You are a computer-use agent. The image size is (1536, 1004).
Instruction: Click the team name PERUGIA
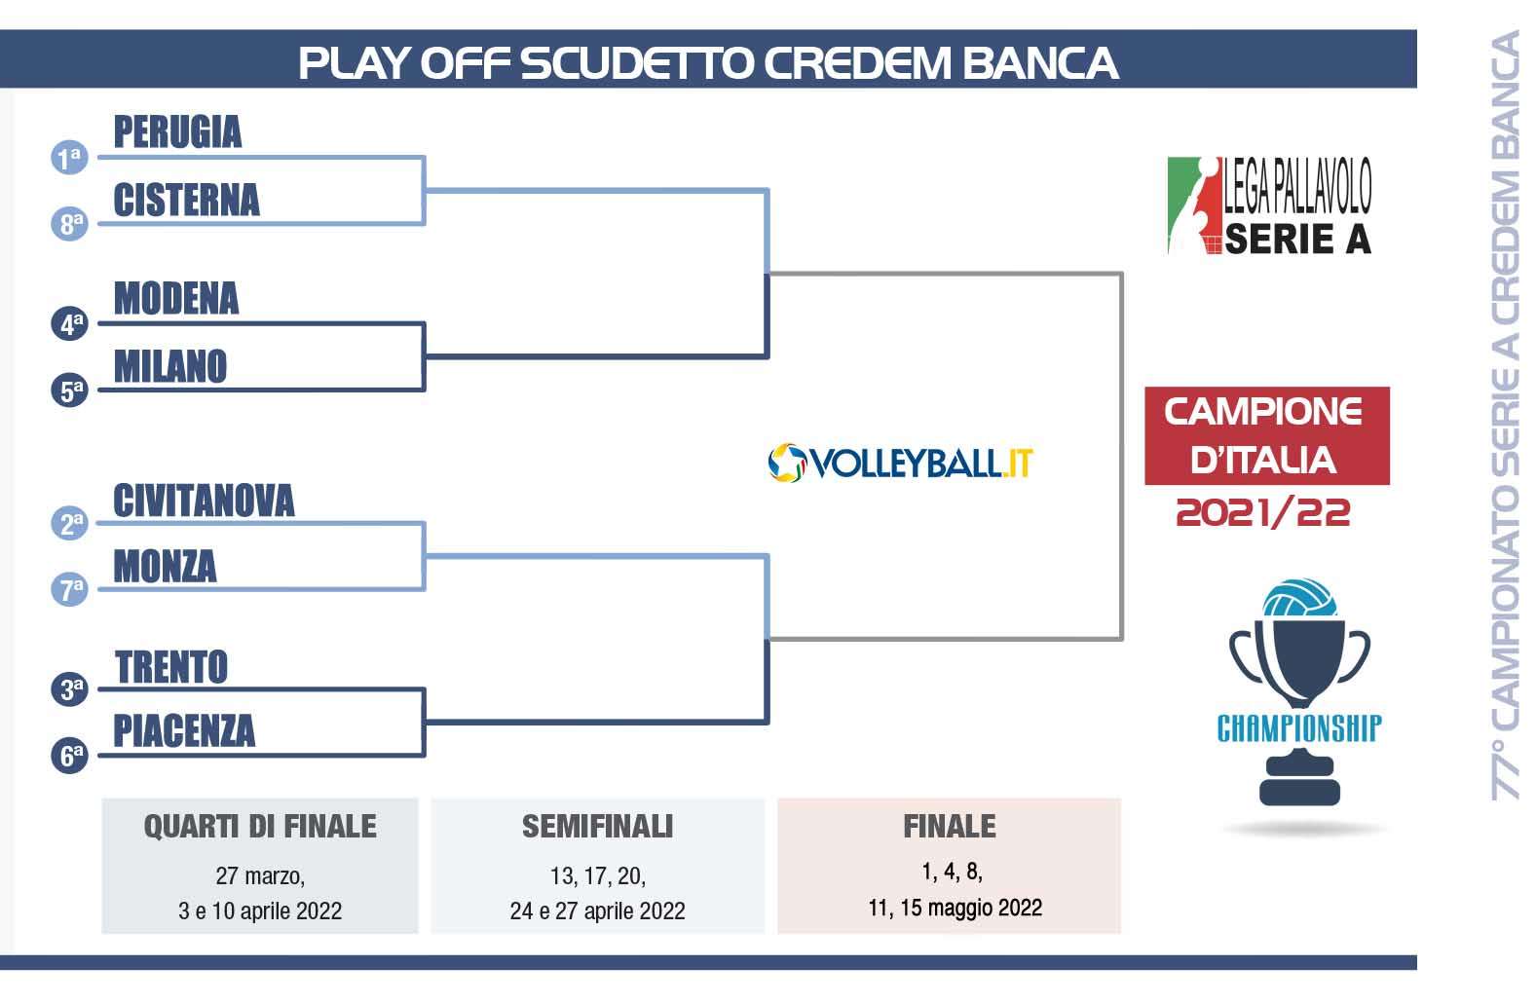click(x=177, y=131)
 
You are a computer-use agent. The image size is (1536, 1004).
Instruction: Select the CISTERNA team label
click(x=186, y=200)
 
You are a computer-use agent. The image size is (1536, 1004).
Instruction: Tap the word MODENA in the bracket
click(x=176, y=298)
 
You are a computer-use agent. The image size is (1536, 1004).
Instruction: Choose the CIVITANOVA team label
click(x=204, y=500)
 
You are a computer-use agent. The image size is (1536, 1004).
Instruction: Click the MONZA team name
click(x=165, y=566)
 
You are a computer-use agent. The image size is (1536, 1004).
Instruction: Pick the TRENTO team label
click(x=171, y=667)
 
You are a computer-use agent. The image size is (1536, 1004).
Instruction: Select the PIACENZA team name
click(x=184, y=730)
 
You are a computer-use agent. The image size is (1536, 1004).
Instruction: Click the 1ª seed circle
click(x=70, y=158)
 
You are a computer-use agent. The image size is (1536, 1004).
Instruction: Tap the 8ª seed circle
click(x=70, y=224)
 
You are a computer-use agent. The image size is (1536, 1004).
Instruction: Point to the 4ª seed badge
click(x=70, y=323)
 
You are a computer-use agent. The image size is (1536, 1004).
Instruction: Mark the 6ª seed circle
click(x=70, y=756)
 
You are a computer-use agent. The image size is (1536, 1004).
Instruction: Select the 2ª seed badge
click(x=70, y=523)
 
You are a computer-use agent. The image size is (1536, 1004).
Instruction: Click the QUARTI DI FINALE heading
click(x=260, y=827)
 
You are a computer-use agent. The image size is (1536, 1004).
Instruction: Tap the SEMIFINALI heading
click(x=597, y=827)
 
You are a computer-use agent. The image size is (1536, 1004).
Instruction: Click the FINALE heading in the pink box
click(x=949, y=827)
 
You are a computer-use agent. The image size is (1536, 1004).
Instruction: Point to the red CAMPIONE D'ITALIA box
click(x=1266, y=435)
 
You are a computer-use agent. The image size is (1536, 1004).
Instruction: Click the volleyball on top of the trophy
click(x=1299, y=599)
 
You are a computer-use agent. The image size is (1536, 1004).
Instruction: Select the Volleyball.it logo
click(x=900, y=463)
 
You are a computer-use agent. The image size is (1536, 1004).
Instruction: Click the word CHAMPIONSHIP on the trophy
click(x=1299, y=728)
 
